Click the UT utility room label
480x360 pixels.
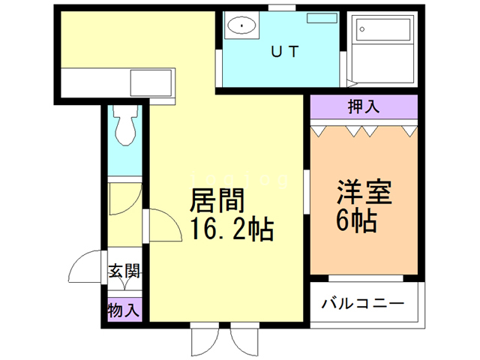(286, 52)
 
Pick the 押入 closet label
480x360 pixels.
(363, 107)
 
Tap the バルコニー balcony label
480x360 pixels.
(363, 304)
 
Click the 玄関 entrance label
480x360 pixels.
(124, 271)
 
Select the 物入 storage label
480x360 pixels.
(124, 308)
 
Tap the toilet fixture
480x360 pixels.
(124, 124)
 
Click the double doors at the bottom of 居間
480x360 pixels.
(225, 341)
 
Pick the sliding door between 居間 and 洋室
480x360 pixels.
(306, 193)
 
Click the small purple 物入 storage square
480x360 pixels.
(124, 308)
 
